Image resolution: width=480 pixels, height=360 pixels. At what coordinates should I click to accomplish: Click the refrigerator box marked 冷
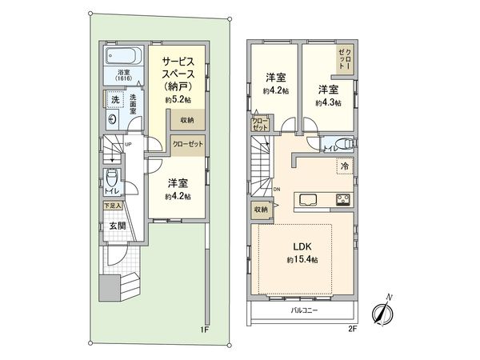click(x=344, y=167)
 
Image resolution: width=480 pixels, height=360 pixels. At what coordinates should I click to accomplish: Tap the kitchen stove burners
click(x=344, y=199)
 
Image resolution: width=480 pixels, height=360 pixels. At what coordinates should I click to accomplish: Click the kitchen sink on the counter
click(x=308, y=199)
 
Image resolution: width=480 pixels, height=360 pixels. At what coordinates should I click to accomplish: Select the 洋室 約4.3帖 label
click(x=328, y=95)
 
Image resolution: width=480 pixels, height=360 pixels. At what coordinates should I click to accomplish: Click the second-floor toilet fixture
click(x=342, y=145)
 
